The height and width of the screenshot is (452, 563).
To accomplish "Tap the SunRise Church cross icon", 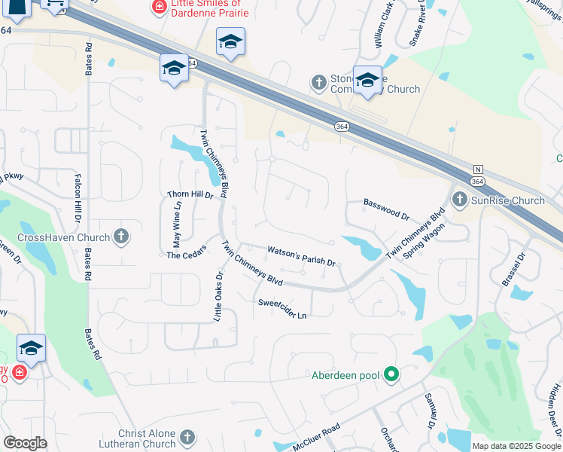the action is tap(459, 200).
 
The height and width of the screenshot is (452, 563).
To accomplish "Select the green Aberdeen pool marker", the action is tap(391, 374).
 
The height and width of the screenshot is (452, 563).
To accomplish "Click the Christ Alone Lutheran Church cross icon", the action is tap(187, 437).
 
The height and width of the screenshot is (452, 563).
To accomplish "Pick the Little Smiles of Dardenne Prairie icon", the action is tap(159, 8).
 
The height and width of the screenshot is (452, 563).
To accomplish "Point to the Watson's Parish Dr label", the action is tap(301, 255).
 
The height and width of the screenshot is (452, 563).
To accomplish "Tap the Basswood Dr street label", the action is tap(386, 209).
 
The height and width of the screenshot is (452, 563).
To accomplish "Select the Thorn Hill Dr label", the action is tap(190, 195).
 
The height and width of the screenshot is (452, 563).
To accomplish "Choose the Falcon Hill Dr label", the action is tap(78, 198).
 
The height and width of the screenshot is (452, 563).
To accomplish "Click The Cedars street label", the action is tap(186, 255).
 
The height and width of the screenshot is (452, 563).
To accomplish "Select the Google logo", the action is tap(26, 443).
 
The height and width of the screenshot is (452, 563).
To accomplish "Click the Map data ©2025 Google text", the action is tap(516, 446).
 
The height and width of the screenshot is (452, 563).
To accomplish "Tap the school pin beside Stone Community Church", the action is tap(367, 81).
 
